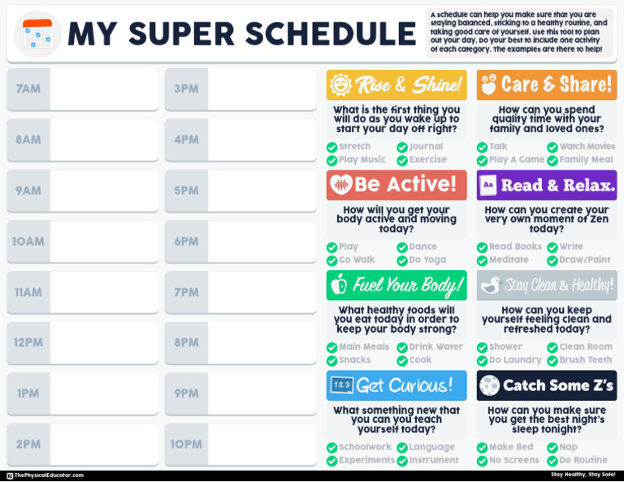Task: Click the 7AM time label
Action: [28, 88]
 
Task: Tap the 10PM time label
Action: [186, 444]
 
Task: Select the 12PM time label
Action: [28, 342]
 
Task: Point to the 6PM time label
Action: [186, 241]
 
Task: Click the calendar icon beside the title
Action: [37, 34]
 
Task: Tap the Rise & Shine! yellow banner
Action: [396, 84]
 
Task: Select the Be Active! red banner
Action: [396, 185]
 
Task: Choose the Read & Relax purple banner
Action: [547, 185]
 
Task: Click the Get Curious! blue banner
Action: [396, 385]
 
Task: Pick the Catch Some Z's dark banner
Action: [547, 385]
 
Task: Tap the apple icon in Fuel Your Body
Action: [340, 285]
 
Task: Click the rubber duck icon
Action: [490, 285]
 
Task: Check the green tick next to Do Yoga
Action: [402, 260]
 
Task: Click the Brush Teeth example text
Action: [585, 360]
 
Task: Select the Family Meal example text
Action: [585, 160]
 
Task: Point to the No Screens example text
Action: [513, 460]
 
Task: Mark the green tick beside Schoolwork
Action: [331, 448]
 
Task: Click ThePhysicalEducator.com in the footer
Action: [48, 476]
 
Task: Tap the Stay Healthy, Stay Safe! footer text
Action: [583, 475]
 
